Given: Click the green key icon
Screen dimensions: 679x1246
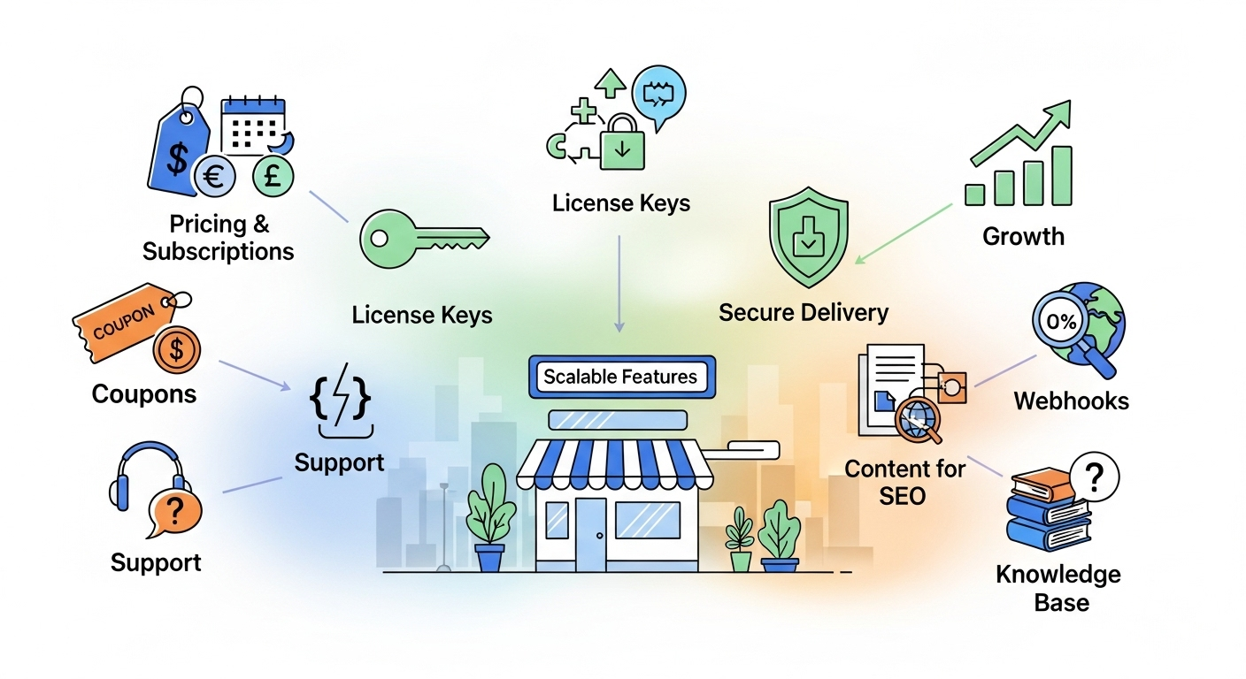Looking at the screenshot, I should (x=423, y=239).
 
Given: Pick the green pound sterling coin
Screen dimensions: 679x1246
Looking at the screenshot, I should (x=273, y=175).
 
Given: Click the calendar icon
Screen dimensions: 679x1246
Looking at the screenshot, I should (x=255, y=124).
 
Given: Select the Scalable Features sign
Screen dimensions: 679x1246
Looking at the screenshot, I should (x=620, y=377).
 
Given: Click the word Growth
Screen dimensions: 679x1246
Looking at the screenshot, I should (x=1023, y=236).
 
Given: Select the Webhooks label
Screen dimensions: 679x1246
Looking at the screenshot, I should (x=1071, y=401).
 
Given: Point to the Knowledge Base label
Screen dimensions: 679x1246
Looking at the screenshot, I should (x=1058, y=589).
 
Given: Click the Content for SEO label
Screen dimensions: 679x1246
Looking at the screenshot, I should (x=904, y=481).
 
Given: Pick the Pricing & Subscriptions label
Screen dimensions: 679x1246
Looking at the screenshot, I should (x=218, y=238).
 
